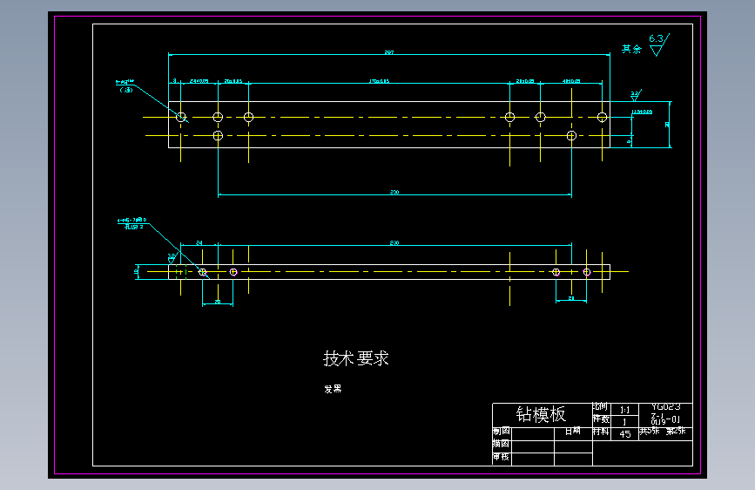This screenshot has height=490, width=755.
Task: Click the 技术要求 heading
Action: [356, 358]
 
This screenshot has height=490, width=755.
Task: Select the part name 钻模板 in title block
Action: [541, 414]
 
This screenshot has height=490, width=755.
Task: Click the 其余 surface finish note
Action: [631, 50]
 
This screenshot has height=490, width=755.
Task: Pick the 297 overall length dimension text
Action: [388, 53]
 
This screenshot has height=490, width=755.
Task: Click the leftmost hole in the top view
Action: [181, 117]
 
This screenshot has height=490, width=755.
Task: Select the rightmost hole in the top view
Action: [602, 117]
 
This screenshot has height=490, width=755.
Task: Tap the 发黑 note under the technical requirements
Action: [333, 389]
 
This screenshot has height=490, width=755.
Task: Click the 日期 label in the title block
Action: [572, 431]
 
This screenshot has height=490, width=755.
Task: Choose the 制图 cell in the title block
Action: [502, 431]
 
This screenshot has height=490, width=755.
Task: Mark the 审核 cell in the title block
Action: [502, 457]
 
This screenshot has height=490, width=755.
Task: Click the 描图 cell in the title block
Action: [502, 444]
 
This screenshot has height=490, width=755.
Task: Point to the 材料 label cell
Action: [601, 431]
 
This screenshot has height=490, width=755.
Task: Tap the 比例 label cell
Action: [601, 407]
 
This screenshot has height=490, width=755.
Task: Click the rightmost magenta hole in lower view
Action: [587, 272]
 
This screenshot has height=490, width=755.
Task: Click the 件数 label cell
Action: [601, 419]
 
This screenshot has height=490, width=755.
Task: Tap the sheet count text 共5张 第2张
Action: [663, 431]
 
